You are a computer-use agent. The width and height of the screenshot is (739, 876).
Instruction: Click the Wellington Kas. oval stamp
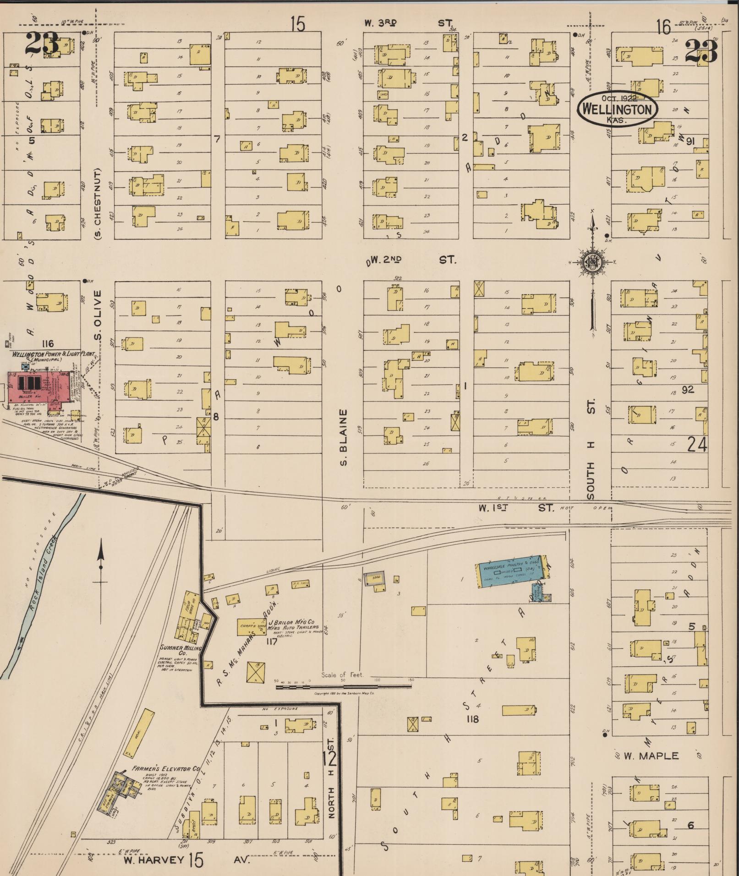click(x=617, y=109)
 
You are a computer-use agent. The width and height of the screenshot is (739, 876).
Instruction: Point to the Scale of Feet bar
click(x=344, y=686)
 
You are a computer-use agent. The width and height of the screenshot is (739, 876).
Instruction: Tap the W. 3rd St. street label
click(x=409, y=22)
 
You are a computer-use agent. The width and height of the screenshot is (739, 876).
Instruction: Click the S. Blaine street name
click(x=343, y=438)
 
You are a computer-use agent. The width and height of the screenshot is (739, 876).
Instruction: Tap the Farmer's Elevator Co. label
click(x=165, y=768)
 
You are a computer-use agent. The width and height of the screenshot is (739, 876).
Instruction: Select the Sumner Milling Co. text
click(x=181, y=651)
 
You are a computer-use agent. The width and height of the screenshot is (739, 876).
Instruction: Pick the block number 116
click(x=48, y=344)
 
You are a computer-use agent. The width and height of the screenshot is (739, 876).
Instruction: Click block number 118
click(x=472, y=719)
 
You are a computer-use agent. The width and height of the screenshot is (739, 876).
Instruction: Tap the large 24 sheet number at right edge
click(x=696, y=444)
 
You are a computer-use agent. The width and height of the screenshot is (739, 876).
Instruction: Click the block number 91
click(x=690, y=141)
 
